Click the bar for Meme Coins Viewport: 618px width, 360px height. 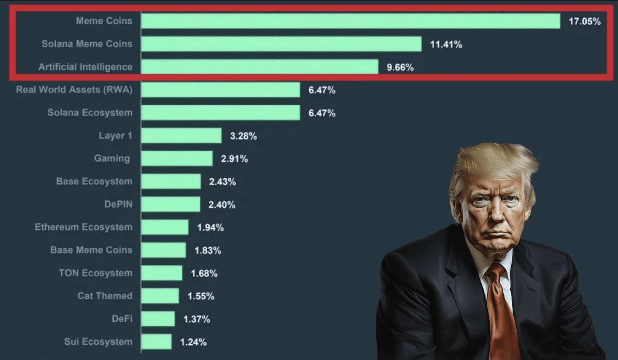[350, 21]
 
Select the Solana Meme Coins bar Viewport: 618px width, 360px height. [281, 44]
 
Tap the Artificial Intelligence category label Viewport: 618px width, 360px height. [85, 67]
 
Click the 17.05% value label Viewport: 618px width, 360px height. [585, 21]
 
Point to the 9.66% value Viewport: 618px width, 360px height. [400, 67]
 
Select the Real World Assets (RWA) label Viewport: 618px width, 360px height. [74, 90]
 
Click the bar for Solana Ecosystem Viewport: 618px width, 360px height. [220, 113]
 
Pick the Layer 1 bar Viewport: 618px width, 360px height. [181, 136]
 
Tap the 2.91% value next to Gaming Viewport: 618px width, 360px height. [234, 159]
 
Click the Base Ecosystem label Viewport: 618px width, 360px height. [94, 181]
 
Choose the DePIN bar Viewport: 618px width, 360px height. [171, 204]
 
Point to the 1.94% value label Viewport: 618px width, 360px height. [210, 227]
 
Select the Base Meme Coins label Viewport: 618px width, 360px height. [91, 250]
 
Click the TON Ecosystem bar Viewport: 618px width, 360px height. [162, 273]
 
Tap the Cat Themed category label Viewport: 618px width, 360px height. [105, 296]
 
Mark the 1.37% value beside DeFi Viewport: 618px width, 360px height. [196, 319]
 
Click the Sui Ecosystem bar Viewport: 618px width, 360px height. [156, 342]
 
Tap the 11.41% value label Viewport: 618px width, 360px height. [446, 44]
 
